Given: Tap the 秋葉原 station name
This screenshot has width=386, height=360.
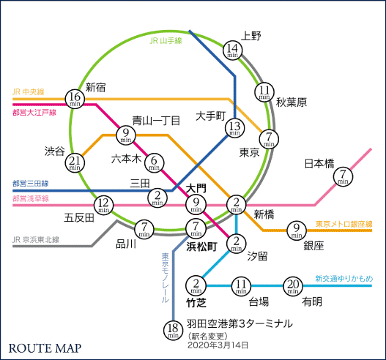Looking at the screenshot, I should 291,102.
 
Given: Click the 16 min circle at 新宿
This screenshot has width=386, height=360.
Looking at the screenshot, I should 74,98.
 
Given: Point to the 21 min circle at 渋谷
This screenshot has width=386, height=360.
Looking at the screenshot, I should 74,162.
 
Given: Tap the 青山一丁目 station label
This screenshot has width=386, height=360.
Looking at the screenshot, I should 156,120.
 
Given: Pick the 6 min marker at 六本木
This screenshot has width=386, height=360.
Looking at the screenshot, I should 155,162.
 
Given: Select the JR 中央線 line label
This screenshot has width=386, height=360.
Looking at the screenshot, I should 29,92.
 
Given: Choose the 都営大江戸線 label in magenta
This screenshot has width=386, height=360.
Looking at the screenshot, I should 34,112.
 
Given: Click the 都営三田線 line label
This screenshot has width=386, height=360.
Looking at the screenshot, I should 30,184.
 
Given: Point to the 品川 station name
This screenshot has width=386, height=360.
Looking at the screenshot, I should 126,244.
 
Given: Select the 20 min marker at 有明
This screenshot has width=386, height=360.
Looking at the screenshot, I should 293,285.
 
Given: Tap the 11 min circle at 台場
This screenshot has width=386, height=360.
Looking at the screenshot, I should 241,285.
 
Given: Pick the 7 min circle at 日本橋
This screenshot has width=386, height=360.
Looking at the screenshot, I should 343,176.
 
